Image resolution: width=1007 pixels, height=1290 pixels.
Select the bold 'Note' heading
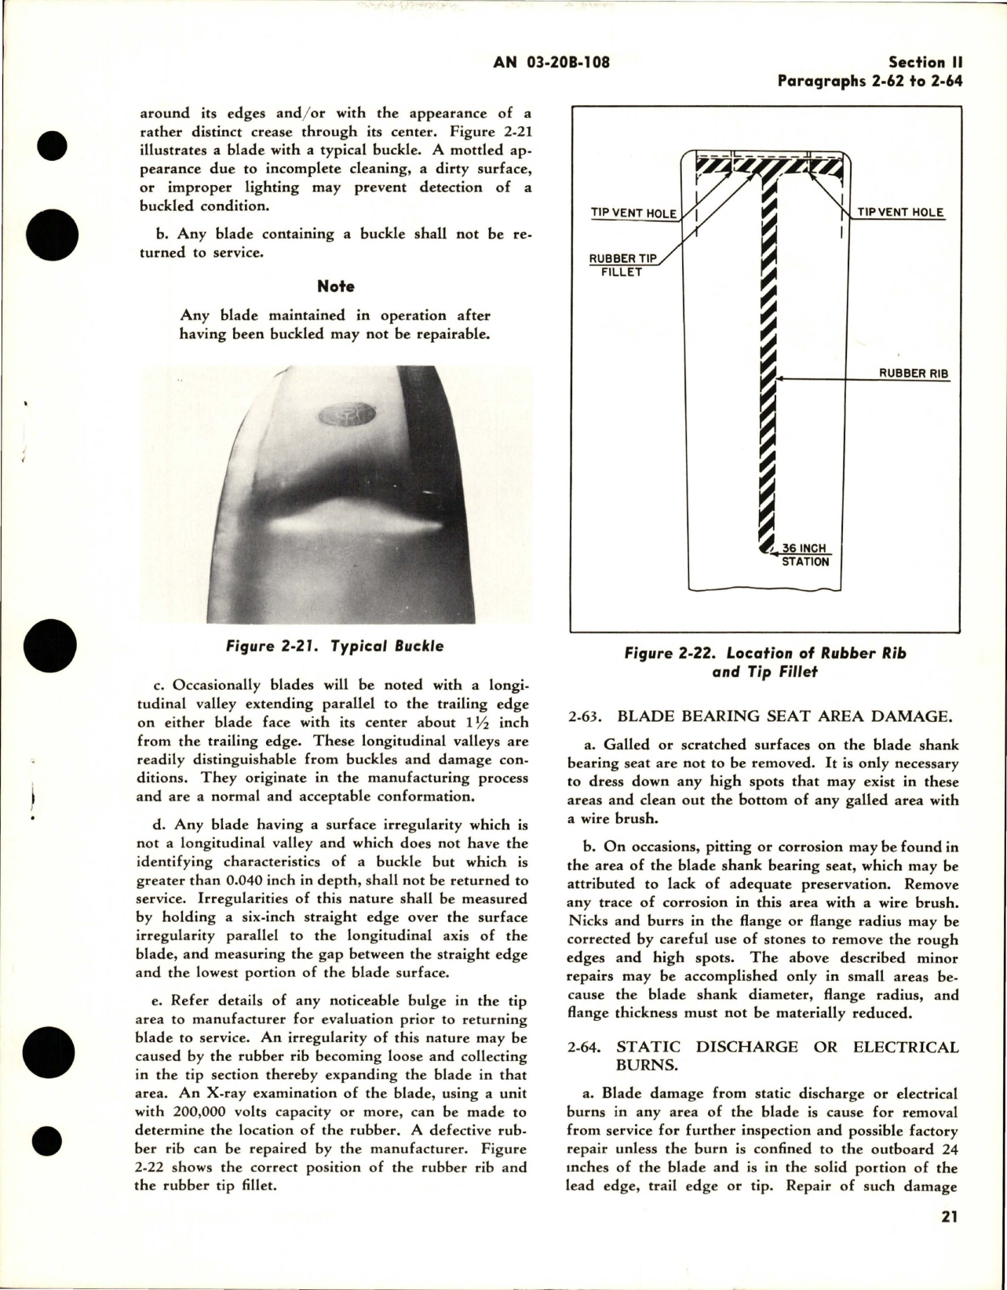tap(335, 286)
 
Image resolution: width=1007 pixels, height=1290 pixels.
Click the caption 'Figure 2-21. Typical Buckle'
tap(334, 647)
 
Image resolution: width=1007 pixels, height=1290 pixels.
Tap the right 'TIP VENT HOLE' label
tap(900, 213)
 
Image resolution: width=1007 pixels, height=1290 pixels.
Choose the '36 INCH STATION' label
tap(805, 555)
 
